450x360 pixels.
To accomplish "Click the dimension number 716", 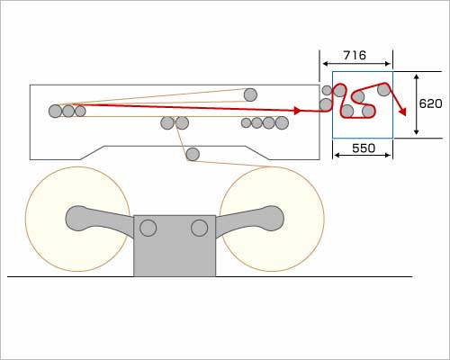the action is [x=355, y=55].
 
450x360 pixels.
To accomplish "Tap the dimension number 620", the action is [x=430, y=103].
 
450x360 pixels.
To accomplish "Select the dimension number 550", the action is [x=364, y=148].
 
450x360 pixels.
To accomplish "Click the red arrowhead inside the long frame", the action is [x=297, y=111].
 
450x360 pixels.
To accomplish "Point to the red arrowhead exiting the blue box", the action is [x=402, y=112].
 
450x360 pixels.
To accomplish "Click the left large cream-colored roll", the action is [x=77, y=219].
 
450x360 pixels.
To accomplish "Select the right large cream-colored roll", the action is [x=272, y=219].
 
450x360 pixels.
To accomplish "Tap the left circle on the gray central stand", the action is [x=148, y=228].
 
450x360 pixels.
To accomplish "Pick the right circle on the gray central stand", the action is [x=200, y=228].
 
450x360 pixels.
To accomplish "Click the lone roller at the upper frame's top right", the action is [x=250, y=94].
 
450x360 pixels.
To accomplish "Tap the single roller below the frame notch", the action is [x=193, y=154].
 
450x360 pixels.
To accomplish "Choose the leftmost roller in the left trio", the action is [x=55, y=111].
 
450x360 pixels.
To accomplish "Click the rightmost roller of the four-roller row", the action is [x=282, y=122].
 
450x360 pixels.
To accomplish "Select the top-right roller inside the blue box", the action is [x=383, y=89].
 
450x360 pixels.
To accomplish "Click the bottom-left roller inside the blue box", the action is [x=347, y=111].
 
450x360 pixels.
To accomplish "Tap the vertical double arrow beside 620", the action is [x=416, y=104].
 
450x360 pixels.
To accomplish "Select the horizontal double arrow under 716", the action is [x=356, y=64].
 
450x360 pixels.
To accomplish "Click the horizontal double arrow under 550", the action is [x=363, y=155].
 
